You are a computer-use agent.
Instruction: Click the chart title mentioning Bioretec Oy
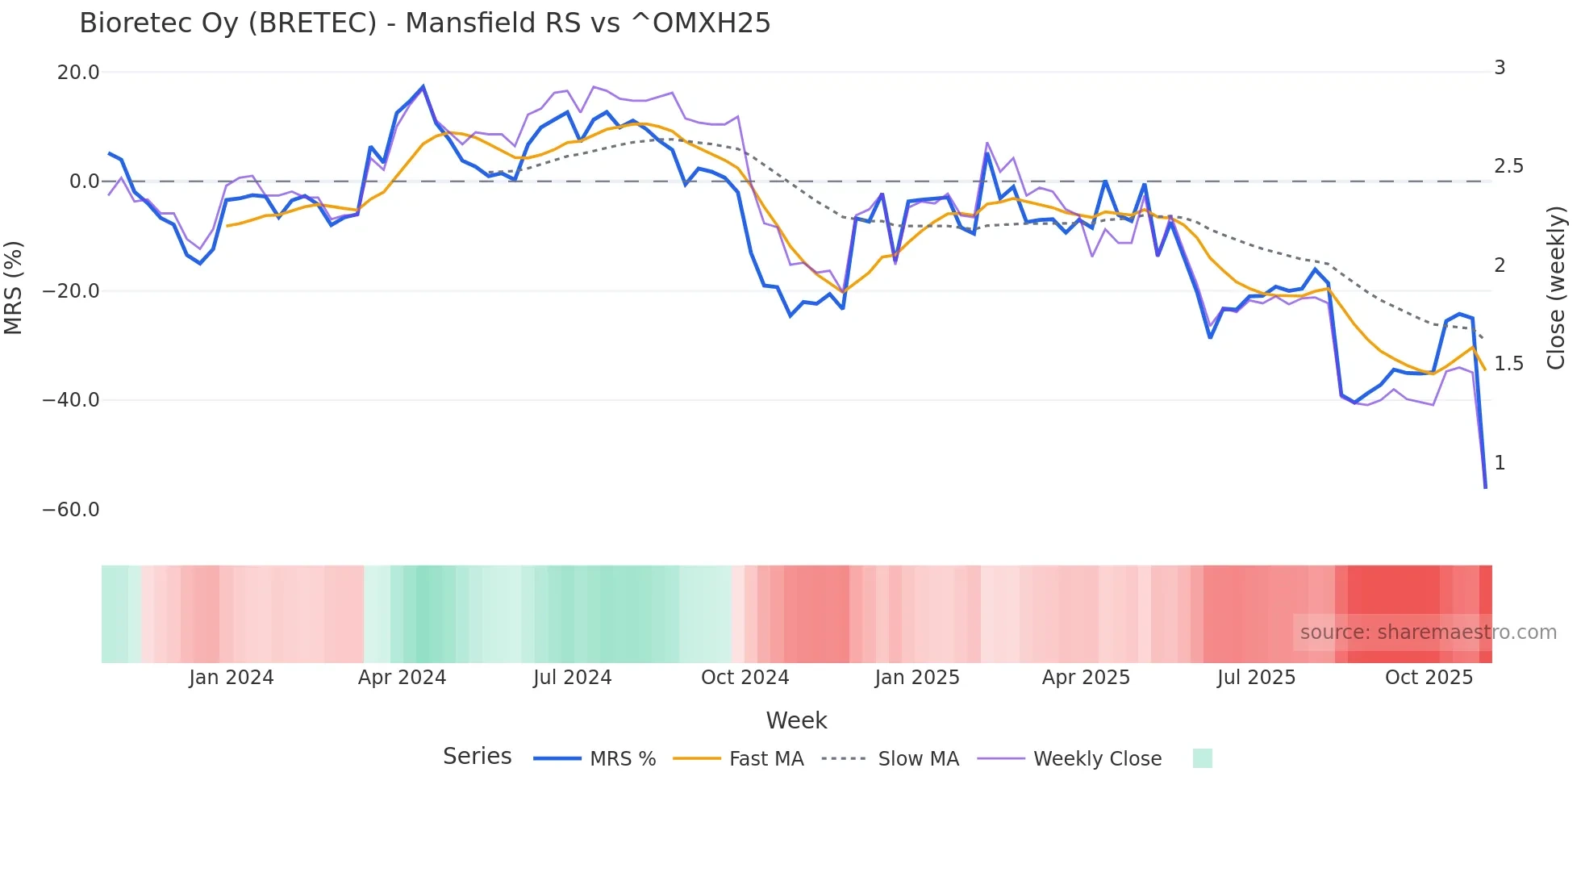click(x=424, y=23)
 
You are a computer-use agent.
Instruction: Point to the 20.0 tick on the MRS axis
click(x=78, y=73)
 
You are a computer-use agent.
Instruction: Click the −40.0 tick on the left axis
click(x=71, y=400)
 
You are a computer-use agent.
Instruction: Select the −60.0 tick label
click(x=71, y=510)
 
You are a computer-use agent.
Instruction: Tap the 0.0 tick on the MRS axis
click(x=84, y=182)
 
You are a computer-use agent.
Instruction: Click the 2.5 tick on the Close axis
click(x=1508, y=166)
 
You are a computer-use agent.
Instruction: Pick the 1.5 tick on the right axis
click(x=1508, y=364)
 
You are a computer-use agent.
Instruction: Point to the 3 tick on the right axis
click(x=1500, y=68)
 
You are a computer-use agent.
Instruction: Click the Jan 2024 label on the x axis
click(x=232, y=678)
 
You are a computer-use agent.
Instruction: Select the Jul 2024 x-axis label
click(x=572, y=678)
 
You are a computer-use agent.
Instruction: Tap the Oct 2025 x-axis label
click(x=1429, y=678)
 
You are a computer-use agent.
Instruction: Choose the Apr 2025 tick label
click(x=1086, y=678)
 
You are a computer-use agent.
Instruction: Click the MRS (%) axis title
click(x=14, y=287)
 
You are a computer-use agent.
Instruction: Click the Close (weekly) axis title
click(x=1556, y=287)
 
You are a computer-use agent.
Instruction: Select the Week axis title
click(x=796, y=720)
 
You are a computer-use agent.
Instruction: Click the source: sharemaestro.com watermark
click(x=1428, y=632)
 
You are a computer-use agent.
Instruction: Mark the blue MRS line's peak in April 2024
click(x=423, y=86)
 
